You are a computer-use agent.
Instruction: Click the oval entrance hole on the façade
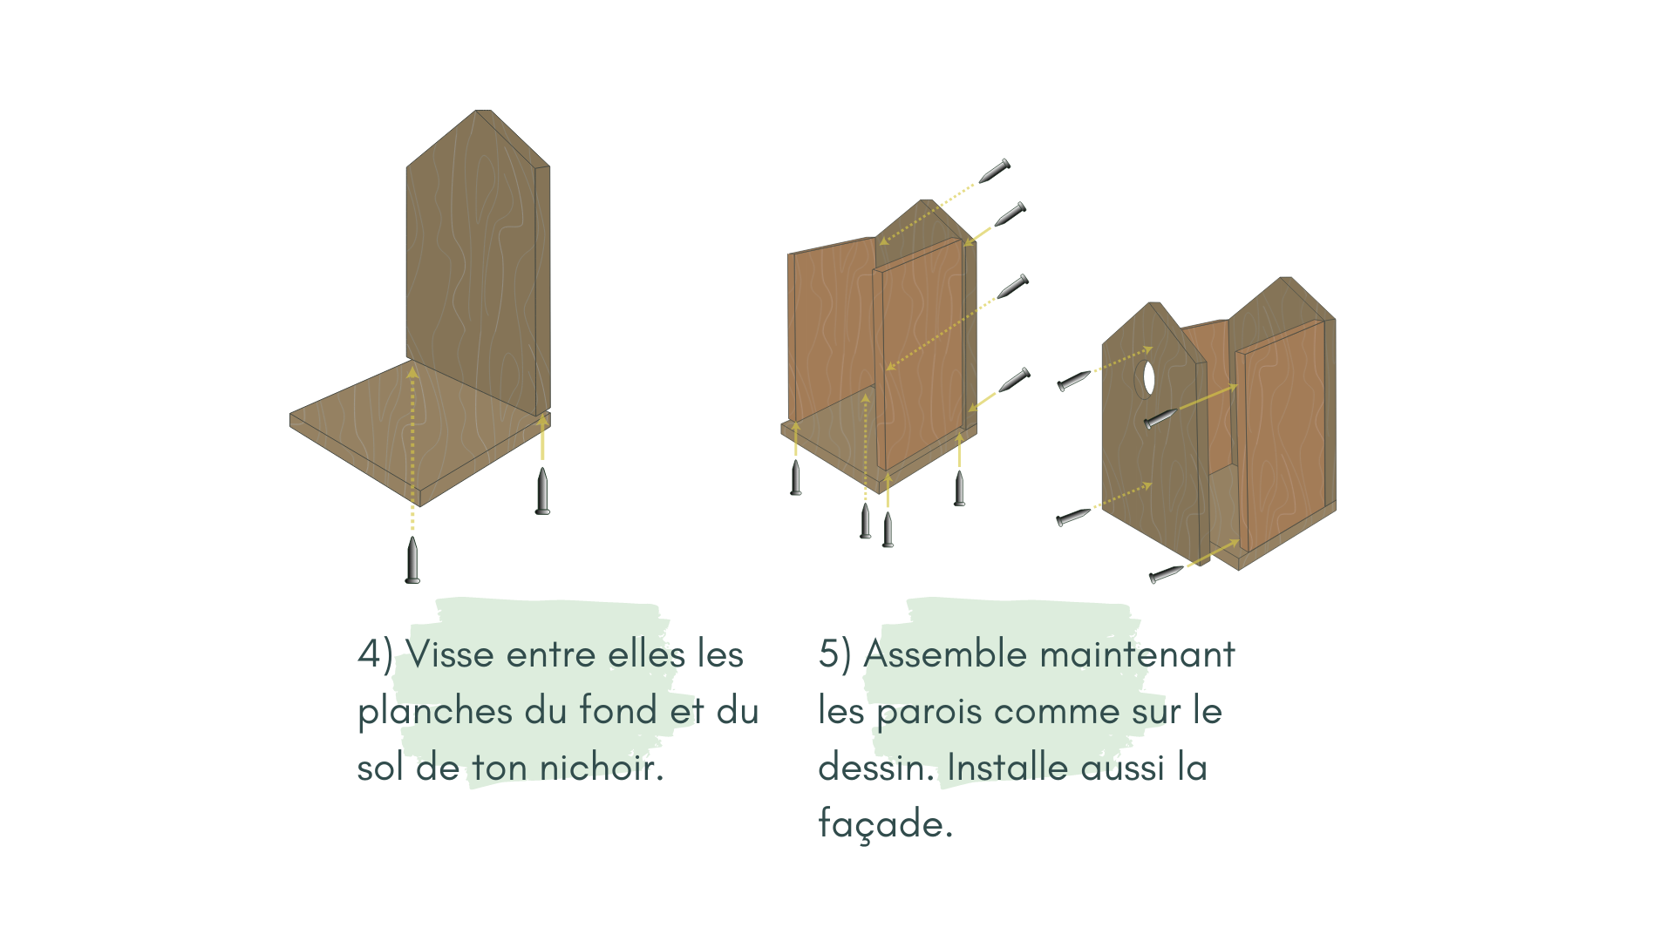click(1149, 378)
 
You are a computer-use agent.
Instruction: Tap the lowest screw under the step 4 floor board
click(412, 560)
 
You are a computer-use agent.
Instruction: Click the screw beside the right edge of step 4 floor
click(542, 492)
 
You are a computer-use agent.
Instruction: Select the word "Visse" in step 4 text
click(450, 654)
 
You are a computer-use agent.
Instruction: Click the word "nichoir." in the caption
click(602, 768)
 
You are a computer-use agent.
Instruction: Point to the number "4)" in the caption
click(375, 654)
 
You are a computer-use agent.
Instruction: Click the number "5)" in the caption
click(834, 654)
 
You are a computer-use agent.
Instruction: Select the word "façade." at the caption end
click(885, 824)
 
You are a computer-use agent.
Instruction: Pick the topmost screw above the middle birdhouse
click(994, 171)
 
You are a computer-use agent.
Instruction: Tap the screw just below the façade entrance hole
click(1160, 419)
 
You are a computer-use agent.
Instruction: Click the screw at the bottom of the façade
click(1166, 574)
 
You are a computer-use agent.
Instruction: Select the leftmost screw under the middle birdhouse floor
click(795, 477)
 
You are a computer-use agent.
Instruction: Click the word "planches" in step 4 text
click(434, 712)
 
